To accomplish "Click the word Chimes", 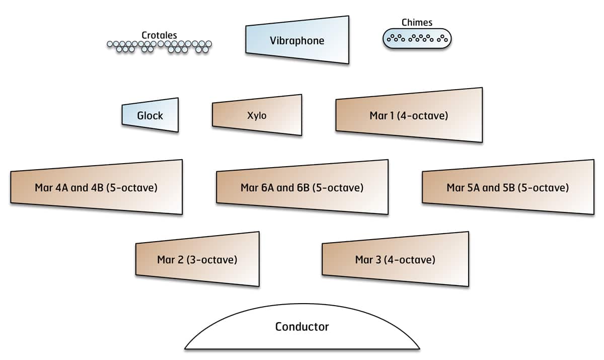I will (417, 22).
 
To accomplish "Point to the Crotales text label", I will (159, 35).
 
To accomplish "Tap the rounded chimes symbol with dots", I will (417, 38).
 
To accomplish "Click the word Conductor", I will (302, 327).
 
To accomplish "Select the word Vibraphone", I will (297, 41).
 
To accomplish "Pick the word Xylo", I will (257, 116).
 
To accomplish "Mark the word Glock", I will (150, 116).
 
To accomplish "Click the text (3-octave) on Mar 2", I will (212, 260).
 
